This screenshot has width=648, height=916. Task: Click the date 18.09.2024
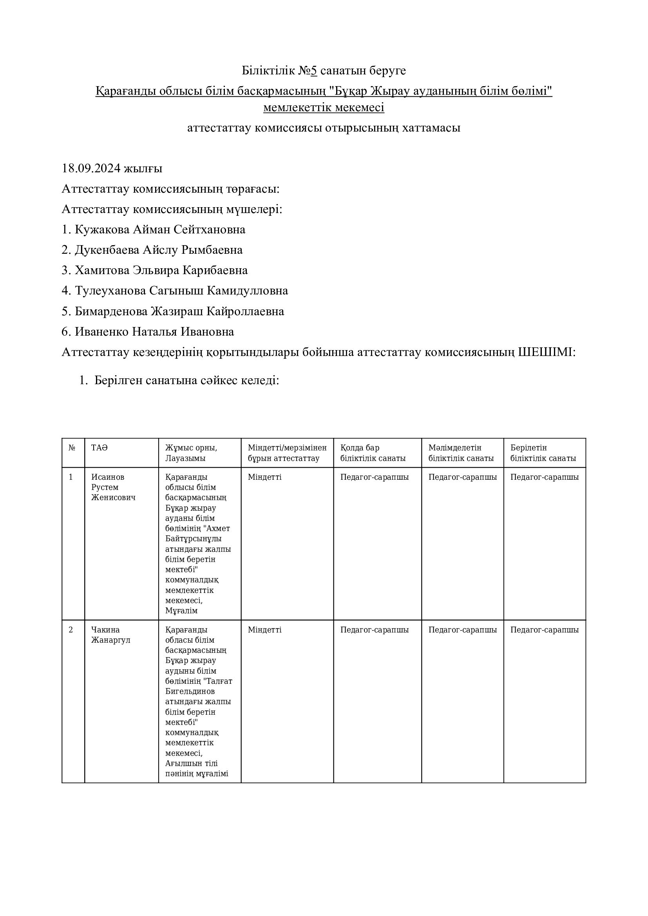91,168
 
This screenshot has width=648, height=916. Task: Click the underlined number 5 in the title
314,70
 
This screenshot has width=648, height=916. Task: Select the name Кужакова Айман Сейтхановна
160,229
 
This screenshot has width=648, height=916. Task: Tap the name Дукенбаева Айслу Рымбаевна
158,250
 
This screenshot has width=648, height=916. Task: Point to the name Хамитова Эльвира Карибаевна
161,270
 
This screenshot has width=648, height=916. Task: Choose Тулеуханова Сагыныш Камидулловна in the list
181,291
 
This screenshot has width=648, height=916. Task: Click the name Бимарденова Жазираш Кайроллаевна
179,311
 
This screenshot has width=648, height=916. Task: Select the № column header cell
72,448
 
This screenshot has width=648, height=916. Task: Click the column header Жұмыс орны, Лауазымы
191,453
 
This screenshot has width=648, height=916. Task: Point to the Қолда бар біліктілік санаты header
373,453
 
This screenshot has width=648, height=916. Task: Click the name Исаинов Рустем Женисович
113,487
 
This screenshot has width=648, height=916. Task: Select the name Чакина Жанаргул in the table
110,635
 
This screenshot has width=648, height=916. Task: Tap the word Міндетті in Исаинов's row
264,477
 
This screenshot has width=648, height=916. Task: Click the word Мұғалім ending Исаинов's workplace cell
181,611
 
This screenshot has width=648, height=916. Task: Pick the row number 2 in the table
71,630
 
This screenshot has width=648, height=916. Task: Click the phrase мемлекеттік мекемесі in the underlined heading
324,108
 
